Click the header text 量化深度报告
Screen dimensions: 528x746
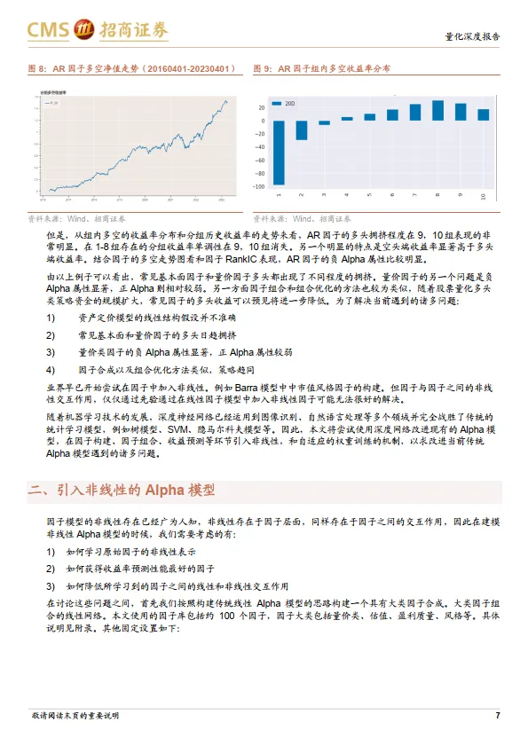(x=471, y=37)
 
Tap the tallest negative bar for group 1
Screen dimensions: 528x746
(x=279, y=153)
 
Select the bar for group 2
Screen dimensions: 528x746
(x=302, y=130)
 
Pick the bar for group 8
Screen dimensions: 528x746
(x=437, y=110)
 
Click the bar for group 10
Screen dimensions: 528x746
(x=484, y=114)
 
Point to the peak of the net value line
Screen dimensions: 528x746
(x=225, y=101)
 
